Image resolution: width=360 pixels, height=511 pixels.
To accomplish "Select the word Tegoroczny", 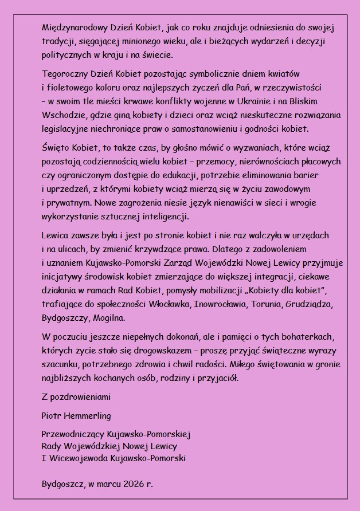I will [x=65, y=74].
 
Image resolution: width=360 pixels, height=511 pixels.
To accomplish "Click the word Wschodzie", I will [x=63, y=115].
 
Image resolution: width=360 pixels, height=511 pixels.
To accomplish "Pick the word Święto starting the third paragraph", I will [x=56, y=148].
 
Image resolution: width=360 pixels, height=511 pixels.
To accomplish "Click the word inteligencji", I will [x=162, y=217].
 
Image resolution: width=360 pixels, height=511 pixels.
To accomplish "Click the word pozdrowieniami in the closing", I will [x=80, y=396].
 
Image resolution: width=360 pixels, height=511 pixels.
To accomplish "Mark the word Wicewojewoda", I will [x=74, y=459].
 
